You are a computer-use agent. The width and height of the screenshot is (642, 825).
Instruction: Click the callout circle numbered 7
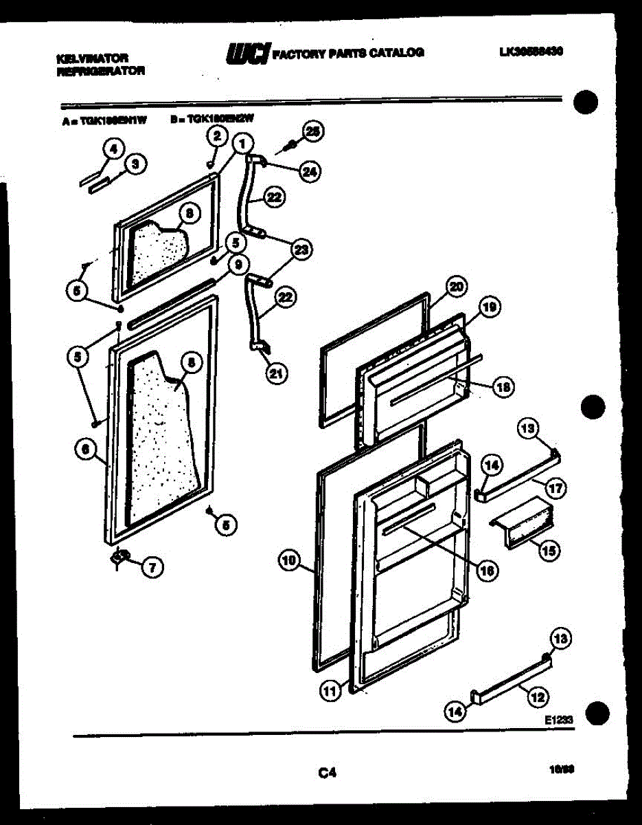[x=152, y=566]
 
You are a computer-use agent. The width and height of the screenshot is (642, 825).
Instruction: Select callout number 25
[x=313, y=131]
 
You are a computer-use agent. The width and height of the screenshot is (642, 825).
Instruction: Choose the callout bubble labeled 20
[x=455, y=286]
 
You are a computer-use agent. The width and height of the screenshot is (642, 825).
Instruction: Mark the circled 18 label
[x=504, y=388]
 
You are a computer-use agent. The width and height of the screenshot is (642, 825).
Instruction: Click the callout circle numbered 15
[x=550, y=549]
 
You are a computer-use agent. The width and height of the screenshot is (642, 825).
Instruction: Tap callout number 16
[x=487, y=570]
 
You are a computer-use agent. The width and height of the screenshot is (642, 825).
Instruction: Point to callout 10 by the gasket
[x=289, y=562]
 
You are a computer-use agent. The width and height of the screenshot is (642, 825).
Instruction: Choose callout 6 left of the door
[x=85, y=449]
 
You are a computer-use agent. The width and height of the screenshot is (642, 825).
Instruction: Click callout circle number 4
[x=113, y=147]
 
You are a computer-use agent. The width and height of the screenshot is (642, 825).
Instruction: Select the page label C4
[x=326, y=773]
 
